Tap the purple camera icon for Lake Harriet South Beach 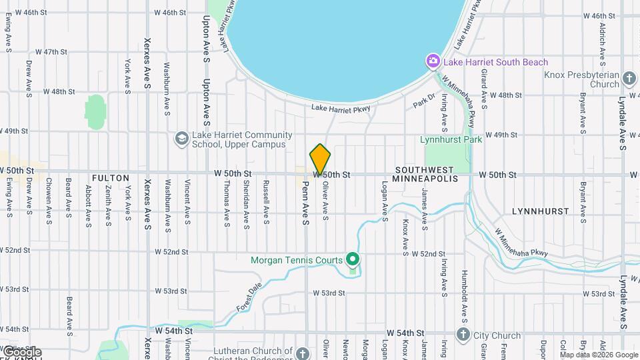433,62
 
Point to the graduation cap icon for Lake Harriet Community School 181,139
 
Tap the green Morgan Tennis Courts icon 353,260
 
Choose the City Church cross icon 463,333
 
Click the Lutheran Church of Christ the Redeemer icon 303,353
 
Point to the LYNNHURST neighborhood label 540,211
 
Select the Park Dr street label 423,101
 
